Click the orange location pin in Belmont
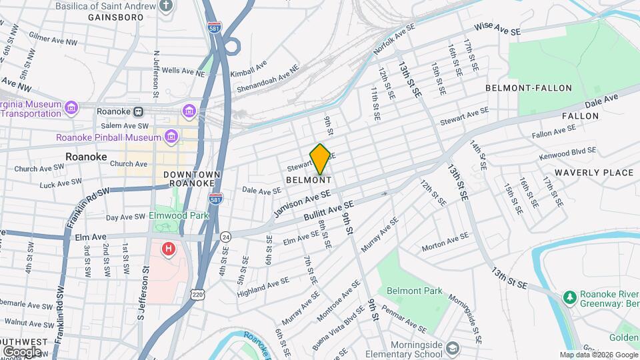click(x=320, y=159)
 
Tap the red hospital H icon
click(x=169, y=249)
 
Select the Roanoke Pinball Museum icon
click(x=172, y=137)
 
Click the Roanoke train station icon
click(x=138, y=111)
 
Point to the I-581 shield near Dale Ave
click(x=215, y=199)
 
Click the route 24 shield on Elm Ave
click(x=226, y=236)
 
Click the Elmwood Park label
click(x=180, y=215)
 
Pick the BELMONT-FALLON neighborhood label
click(x=529, y=88)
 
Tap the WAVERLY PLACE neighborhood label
click(x=593, y=173)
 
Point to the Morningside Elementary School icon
click(x=453, y=349)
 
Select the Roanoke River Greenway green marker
click(x=569, y=296)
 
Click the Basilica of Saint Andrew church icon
click(x=167, y=6)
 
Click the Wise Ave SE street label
click(x=497, y=27)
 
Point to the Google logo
click(x=22, y=351)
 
